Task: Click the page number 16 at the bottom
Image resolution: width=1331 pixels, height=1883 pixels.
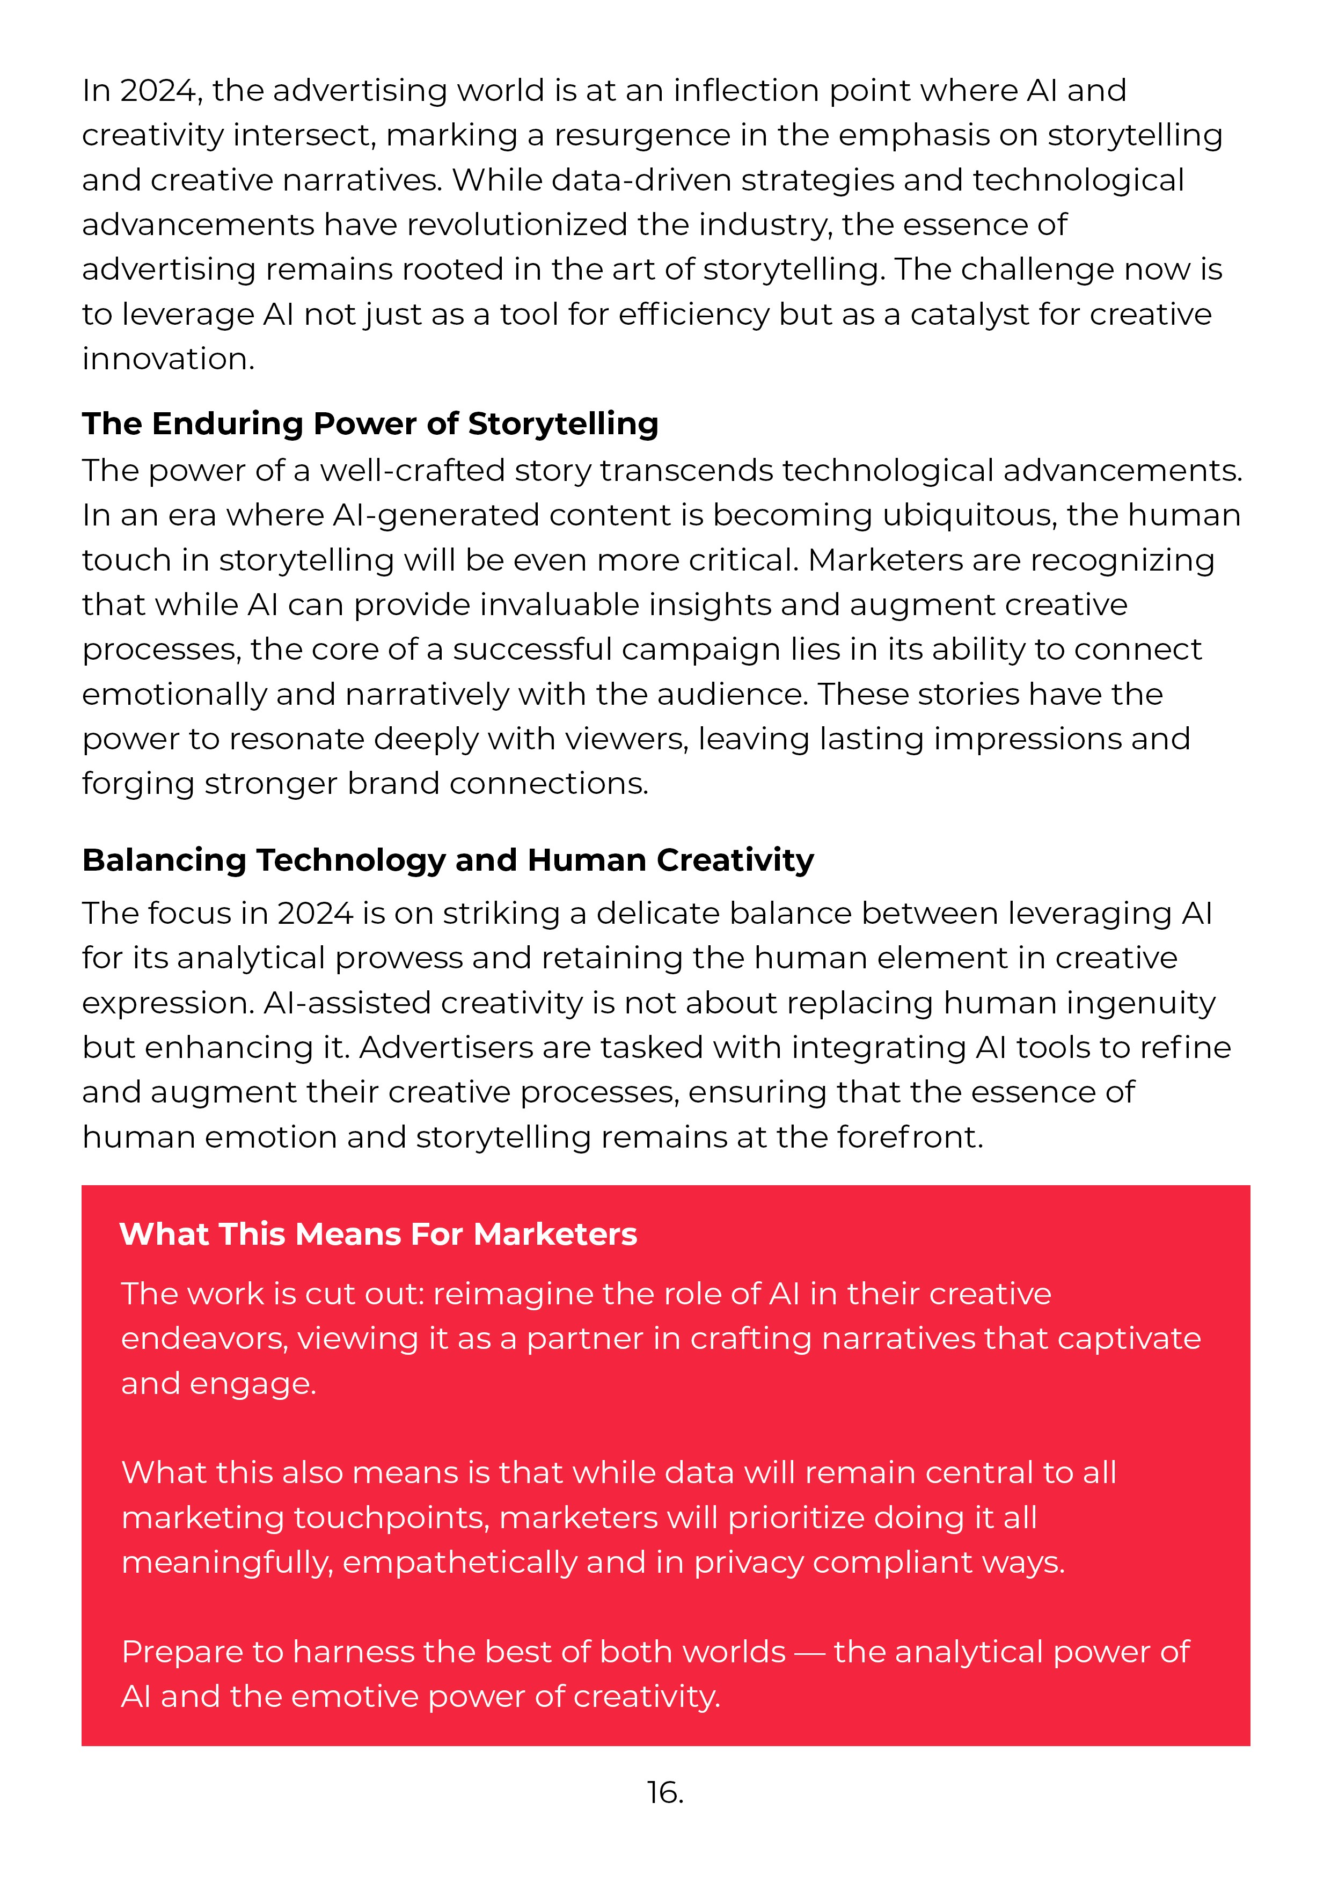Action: (x=664, y=1793)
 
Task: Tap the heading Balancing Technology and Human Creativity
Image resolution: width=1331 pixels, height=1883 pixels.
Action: (x=448, y=860)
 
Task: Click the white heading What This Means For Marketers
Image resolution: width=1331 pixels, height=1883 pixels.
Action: (x=378, y=1234)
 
